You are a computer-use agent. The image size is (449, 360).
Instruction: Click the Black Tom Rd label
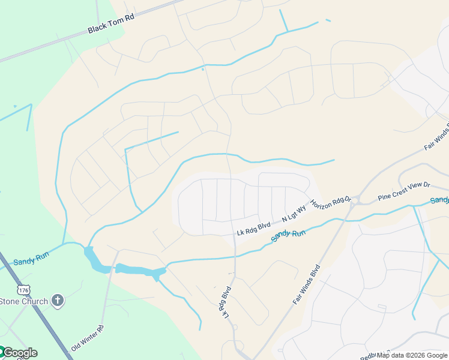110,24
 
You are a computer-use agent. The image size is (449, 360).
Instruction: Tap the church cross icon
58,300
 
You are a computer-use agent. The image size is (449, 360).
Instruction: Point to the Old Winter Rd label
88,338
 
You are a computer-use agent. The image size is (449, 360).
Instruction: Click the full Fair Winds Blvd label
307,286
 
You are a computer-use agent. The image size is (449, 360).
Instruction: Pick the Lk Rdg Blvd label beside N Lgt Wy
254,228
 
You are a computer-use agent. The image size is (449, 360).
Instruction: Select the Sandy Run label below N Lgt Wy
288,235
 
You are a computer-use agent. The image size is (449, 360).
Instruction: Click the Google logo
19,353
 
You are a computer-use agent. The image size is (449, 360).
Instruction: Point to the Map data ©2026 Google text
411,355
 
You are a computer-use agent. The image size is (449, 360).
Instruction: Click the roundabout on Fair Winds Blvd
355,199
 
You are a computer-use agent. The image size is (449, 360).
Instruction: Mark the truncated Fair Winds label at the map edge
436,138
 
